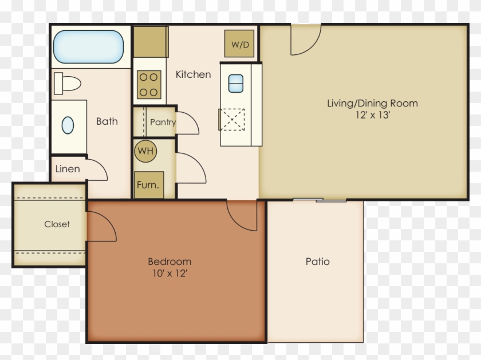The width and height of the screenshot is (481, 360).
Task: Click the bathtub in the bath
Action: (x=88, y=46)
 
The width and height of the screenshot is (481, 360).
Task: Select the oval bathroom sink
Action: (x=68, y=125)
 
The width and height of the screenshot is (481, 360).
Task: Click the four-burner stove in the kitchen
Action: (x=149, y=84)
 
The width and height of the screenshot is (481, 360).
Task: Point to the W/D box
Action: (x=240, y=44)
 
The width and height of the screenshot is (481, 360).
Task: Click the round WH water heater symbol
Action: (x=145, y=152)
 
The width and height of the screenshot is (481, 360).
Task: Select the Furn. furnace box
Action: (x=147, y=185)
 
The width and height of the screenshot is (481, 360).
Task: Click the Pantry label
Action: (x=163, y=122)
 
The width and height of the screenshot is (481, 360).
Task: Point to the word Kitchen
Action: (x=193, y=74)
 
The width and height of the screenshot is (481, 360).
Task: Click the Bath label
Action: (x=107, y=121)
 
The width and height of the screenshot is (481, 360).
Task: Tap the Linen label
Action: (x=68, y=169)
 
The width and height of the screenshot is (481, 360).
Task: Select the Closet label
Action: (x=57, y=224)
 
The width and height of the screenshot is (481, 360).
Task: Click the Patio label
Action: (x=317, y=262)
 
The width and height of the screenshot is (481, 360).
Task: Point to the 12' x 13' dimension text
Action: (x=372, y=114)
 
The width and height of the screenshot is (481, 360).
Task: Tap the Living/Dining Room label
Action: (x=372, y=104)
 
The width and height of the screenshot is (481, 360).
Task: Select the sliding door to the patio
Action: (x=320, y=200)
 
